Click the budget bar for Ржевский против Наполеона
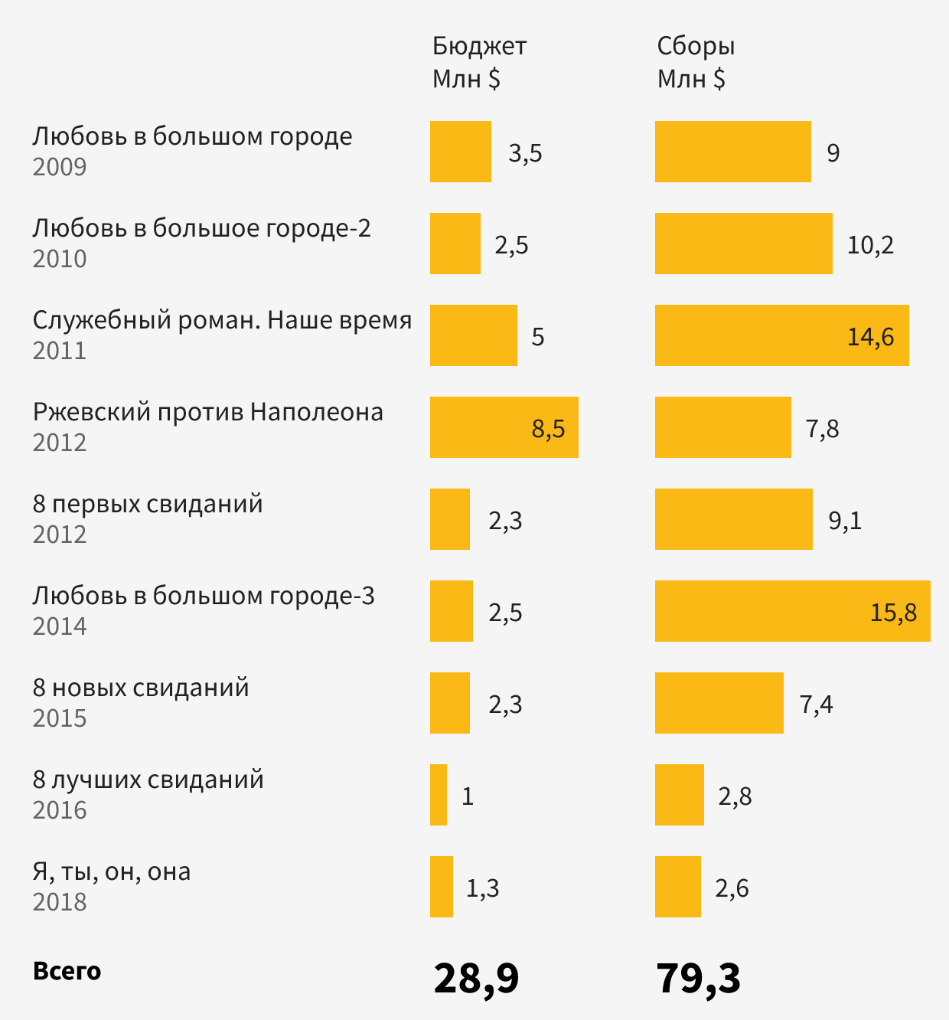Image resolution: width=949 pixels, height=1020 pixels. [504, 427]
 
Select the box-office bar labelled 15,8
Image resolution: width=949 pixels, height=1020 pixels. [792, 611]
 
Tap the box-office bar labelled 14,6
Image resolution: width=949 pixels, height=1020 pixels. [781, 335]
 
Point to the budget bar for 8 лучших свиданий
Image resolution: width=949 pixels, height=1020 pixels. [439, 795]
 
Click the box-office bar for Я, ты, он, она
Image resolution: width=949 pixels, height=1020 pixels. [678, 887]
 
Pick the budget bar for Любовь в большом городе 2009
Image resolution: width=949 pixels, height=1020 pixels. [460, 152]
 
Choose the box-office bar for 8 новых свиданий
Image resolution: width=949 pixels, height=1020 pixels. [719, 703]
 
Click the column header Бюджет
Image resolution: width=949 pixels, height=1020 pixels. [479, 47]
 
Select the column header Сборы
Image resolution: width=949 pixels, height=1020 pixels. [696, 47]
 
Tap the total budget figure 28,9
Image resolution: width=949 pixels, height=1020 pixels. [476, 979]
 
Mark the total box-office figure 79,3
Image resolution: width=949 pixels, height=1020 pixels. [698, 979]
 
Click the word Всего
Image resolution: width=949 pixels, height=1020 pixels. [67, 971]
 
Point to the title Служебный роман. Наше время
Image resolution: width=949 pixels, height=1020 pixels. [222, 320]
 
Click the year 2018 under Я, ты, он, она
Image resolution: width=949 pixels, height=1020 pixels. [60, 902]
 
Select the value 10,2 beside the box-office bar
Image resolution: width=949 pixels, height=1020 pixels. [870, 245]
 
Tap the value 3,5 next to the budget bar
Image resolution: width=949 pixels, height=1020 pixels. [525, 153]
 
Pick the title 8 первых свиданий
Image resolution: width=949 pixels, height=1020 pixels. [148, 504]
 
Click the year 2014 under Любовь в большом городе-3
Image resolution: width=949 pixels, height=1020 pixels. [60, 626]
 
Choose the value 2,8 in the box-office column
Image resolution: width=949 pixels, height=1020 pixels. [735, 796]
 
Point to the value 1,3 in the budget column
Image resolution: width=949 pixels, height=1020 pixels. [482, 888]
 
